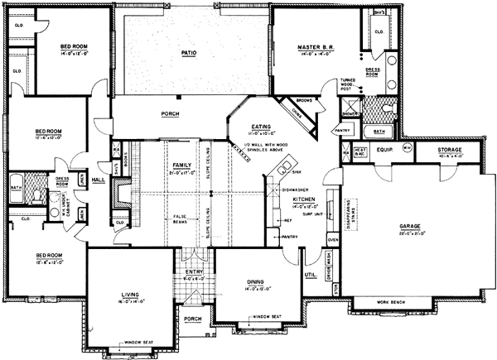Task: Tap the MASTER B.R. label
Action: coord(315,48)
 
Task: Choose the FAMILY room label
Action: coord(181,166)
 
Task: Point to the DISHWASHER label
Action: coord(297,188)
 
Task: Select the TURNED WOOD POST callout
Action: coord(346,84)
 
